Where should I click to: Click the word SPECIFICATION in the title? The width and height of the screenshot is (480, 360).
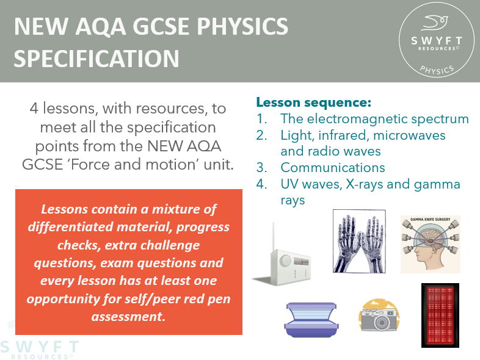pyautogui.click(x=96, y=59)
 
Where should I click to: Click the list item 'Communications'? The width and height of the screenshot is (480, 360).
pyautogui.click(x=333, y=167)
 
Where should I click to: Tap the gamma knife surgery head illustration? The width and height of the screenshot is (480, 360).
pyautogui.click(x=431, y=244)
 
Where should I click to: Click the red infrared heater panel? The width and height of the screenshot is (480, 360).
pyautogui.click(x=439, y=315)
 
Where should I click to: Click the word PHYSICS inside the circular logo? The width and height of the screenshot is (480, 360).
pyautogui.click(x=437, y=68)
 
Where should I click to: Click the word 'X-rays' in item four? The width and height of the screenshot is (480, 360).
pyautogui.click(x=362, y=184)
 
